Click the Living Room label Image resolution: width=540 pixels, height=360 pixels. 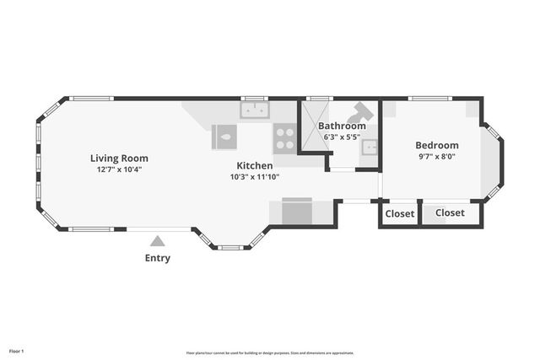click(119, 158)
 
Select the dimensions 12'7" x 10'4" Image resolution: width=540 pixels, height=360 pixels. click(119, 169)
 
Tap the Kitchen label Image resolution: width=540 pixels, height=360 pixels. click(254, 165)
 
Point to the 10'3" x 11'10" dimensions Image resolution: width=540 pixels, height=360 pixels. click(254, 177)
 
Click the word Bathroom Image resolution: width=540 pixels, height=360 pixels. click(342, 126)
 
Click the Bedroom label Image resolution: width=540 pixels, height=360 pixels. click(436, 145)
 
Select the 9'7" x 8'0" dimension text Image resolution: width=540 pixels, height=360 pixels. click(436, 156)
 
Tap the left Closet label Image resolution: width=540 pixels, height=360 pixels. click(400, 213)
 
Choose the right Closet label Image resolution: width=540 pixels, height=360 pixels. click(450, 212)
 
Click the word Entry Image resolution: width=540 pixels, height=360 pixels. click(157, 258)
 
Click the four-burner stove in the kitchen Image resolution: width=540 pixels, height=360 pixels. click(284, 137)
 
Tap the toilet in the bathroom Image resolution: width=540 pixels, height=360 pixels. click(362, 111)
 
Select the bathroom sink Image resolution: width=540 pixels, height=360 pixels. click(369, 148)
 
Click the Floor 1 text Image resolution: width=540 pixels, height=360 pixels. click(17, 350)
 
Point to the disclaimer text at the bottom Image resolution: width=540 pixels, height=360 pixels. click(269, 352)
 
